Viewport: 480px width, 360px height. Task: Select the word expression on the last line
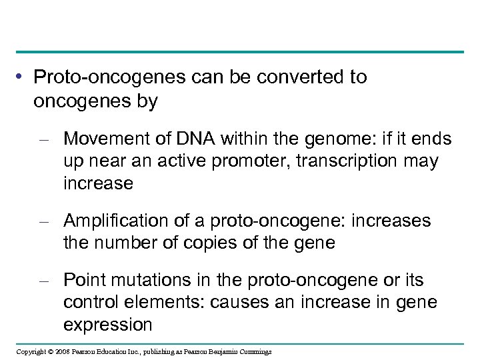[107, 325]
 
